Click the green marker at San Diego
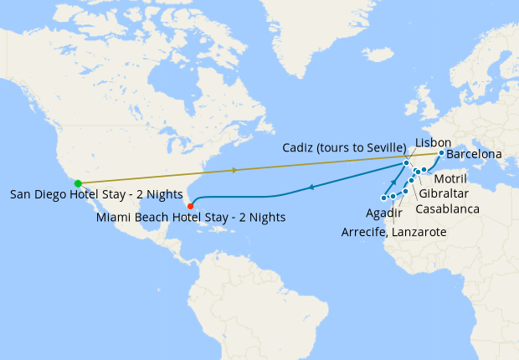click(77, 183)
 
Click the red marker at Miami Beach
click(191, 206)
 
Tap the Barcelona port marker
click(441, 153)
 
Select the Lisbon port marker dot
click(407, 163)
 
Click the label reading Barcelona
click(474, 155)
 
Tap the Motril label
click(451, 179)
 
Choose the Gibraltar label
click(443, 193)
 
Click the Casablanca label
click(447, 208)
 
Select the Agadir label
click(383, 212)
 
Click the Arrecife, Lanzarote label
click(393, 232)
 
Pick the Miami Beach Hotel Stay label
click(191, 217)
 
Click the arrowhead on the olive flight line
click(235, 170)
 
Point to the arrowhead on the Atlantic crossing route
click(311, 188)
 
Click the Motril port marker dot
click(424, 170)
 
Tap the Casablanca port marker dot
click(411, 181)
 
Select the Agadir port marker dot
click(405, 192)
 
